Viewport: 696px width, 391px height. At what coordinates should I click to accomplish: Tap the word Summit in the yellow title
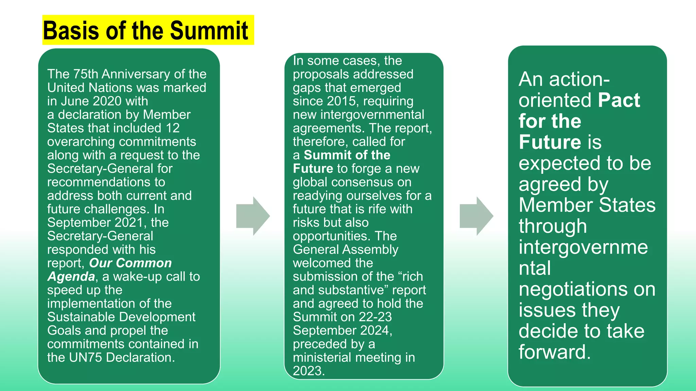pos(209,31)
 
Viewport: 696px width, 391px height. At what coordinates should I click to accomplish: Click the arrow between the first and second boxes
pos(253,216)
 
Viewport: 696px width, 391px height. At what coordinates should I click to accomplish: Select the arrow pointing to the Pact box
pos(476,216)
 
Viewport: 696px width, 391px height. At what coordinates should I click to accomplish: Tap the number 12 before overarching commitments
pos(173,128)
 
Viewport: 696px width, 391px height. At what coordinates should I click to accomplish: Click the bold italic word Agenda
pos(71,277)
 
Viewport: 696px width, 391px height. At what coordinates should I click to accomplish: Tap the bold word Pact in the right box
pos(619,100)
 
